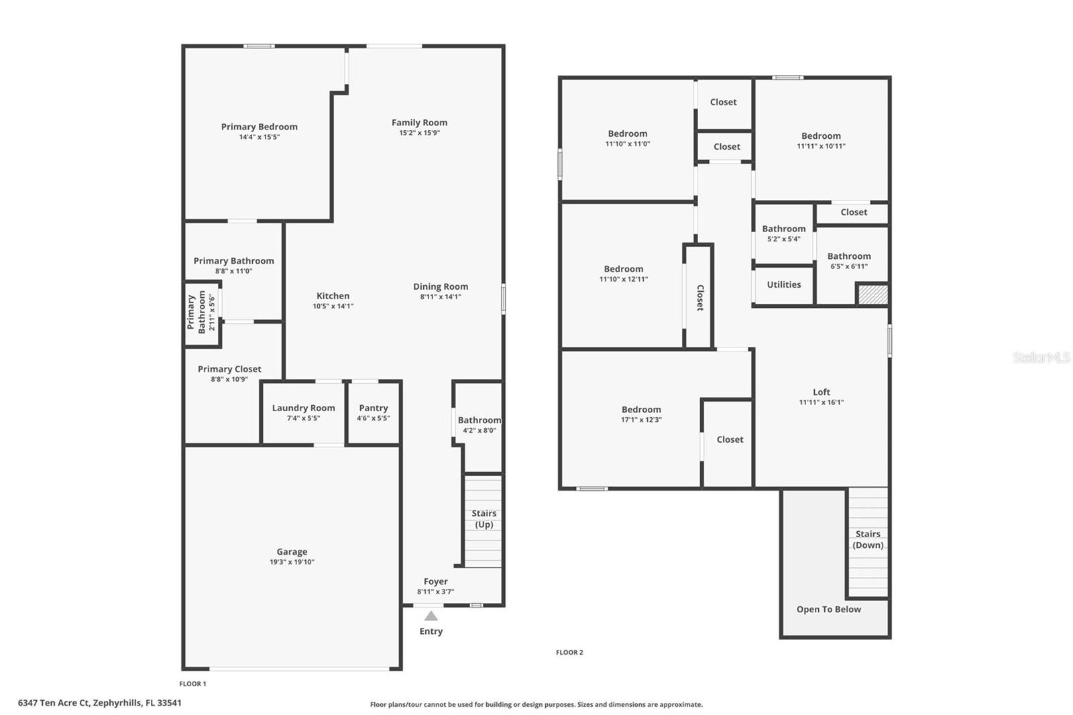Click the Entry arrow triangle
[x=431, y=616]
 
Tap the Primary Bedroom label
[x=259, y=127]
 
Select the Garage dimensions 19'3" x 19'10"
[x=292, y=562]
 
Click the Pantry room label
[x=373, y=408]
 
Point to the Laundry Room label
[x=303, y=408]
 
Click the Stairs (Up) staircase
[x=483, y=520]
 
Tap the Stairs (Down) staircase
[x=868, y=541]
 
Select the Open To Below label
[x=828, y=609]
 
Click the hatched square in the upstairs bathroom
[x=873, y=294]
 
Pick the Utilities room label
[x=783, y=284]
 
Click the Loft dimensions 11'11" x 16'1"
[x=821, y=402]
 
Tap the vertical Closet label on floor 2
[x=699, y=297]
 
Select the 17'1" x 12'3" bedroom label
[x=641, y=409]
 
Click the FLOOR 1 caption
[x=192, y=683]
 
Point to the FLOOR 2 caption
[x=569, y=652]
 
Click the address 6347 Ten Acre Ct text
[x=99, y=703]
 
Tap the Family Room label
[x=419, y=123]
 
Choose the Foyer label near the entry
[x=435, y=582]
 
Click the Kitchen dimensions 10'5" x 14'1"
[x=333, y=306]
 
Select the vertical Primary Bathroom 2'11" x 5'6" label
[x=201, y=312]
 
